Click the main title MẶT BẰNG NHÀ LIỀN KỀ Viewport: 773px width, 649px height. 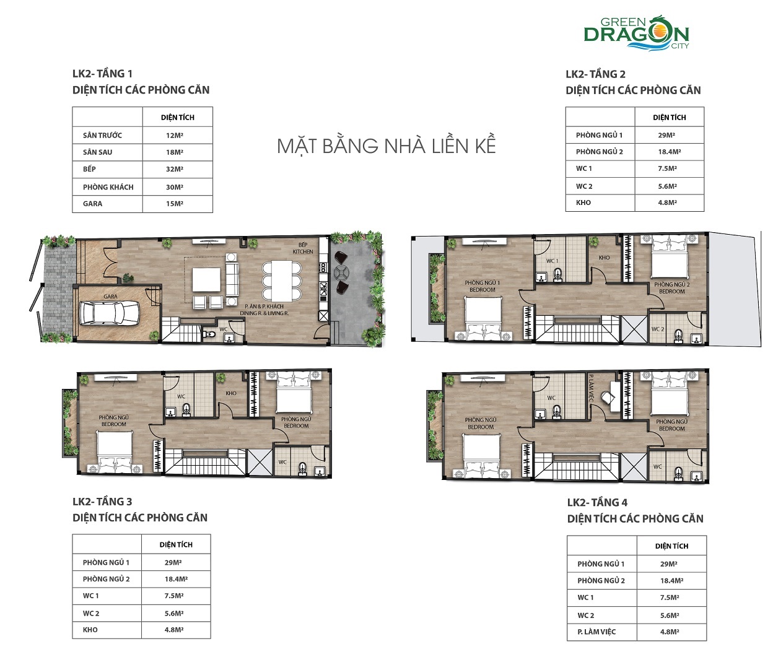[386, 146]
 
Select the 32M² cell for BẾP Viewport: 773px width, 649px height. [175, 169]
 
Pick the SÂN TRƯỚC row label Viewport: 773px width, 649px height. [102, 135]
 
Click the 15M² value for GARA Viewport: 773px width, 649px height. [175, 204]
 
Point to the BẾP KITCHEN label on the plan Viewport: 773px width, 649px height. [303, 248]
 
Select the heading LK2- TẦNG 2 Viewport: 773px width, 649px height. [595, 74]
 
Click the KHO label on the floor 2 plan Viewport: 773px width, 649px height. [604, 258]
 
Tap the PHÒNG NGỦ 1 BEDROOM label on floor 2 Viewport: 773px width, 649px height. [482, 286]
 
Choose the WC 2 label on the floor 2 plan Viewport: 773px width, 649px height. [657, 329]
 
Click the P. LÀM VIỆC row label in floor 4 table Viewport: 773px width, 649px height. [596, 632]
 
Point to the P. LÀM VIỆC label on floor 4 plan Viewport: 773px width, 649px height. [591, 388]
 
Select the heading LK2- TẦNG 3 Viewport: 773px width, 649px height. [102, 502]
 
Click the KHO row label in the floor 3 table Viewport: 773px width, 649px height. [90, 630]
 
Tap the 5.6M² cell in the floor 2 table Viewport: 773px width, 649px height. [667, 186]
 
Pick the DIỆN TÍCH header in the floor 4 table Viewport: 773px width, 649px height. [671, 546]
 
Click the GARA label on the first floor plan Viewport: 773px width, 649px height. [110, 297]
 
